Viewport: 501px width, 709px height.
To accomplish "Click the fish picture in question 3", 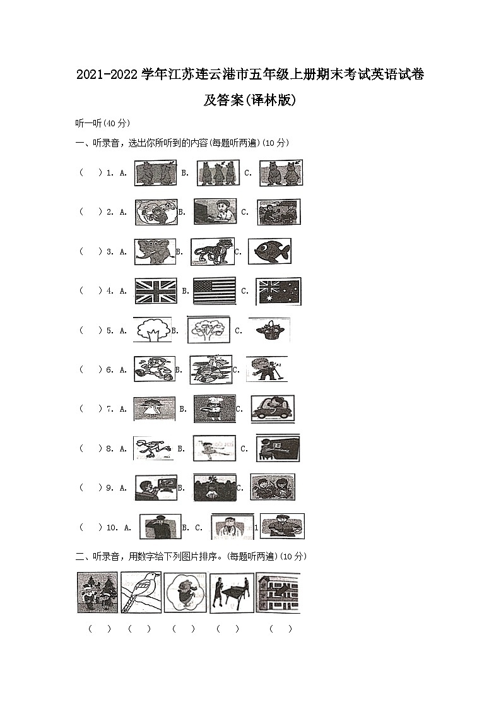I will [x=269, y=251].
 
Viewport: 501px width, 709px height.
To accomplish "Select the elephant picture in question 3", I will [x=154, y=251].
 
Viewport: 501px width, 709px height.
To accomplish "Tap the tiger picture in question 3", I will [x=212, y=251].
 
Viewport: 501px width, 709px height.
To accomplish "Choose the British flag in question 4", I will [x=156, y=291].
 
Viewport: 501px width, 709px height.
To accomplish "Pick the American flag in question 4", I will [x=215, y=291].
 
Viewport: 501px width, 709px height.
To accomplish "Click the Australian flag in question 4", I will [x=278, y=291].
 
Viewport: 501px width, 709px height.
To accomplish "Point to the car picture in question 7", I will [x=272, y=408].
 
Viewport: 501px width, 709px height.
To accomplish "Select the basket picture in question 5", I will [x=269, y=330].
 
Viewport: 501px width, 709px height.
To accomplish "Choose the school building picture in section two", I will [x=278, y=592].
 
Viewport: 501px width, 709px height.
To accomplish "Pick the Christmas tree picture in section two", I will [x=97, y=592].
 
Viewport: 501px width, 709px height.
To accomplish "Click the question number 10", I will [x=111, y=527].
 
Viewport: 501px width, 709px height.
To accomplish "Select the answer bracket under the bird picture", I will [x=139, y=629].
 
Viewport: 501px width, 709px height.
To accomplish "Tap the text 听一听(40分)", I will [x=102, y=123].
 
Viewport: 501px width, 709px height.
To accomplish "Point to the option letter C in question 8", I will [x=244, y=449].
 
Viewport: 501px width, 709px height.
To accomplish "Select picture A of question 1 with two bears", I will [x=155, y=172].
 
